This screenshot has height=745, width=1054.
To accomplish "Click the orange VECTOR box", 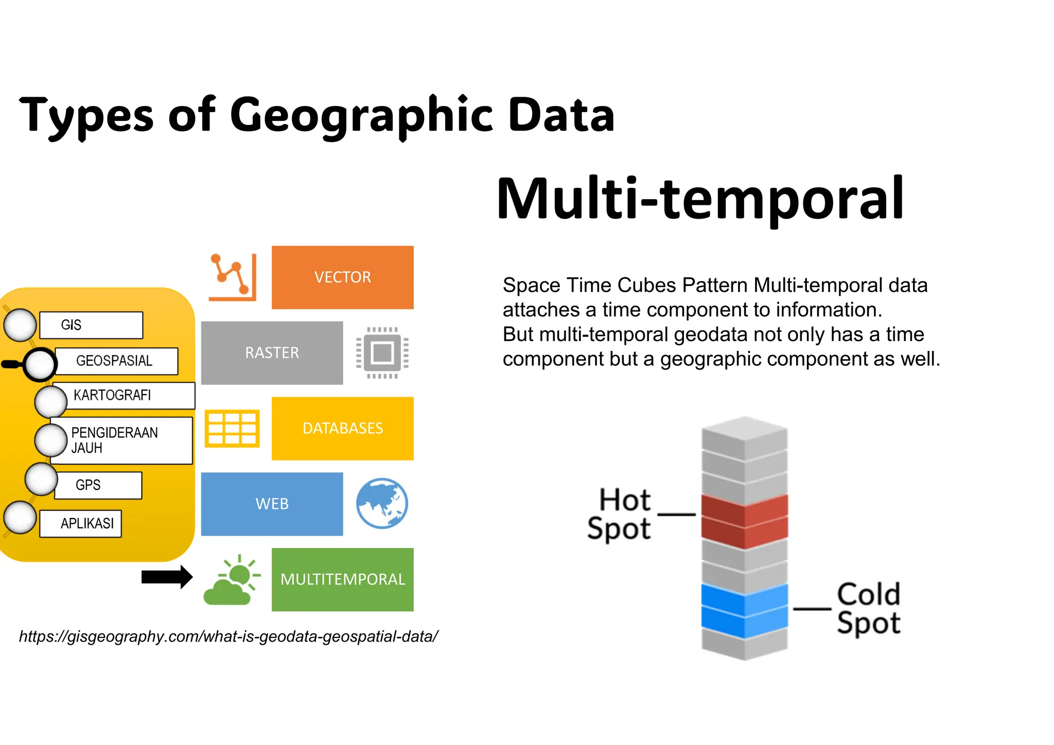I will point(342,277).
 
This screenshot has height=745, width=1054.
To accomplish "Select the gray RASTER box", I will point(272,353).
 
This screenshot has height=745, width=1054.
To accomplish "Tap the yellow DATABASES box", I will point(342,429).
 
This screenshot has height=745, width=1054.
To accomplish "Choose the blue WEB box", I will point(272,504).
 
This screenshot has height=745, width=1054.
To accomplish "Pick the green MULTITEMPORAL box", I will point(342,579).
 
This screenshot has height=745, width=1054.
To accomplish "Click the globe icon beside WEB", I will point(382,504).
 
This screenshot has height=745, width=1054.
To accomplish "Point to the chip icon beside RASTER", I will point(382,353).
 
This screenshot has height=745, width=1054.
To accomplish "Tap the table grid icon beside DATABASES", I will point(232,429).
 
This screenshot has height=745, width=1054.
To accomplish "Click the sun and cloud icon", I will point(232,580).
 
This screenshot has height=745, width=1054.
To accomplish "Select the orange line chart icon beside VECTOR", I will point(233,277).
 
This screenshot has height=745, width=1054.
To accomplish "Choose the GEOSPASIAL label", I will point(115,361).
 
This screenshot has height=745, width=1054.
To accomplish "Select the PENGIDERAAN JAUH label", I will point(114,440).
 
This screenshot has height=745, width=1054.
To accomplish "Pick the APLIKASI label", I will point(87,524).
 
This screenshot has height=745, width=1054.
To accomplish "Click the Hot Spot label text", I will point(620,514).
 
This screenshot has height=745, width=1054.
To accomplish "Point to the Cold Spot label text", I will point(868,609).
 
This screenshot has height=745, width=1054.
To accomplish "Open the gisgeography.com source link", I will point(229,636).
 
